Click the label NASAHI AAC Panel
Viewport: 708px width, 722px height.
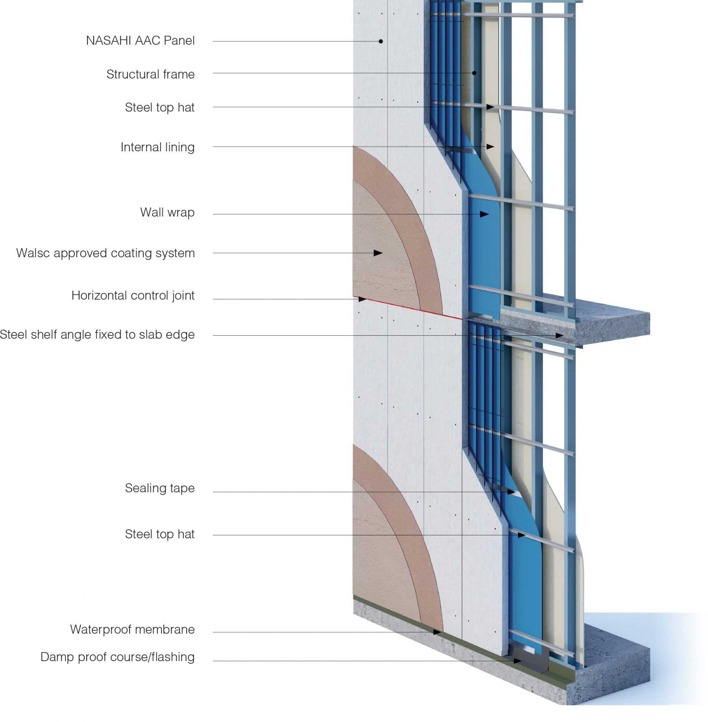[140, 41]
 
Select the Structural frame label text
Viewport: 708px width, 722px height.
[150, 75]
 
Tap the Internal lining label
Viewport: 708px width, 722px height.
[157, 147]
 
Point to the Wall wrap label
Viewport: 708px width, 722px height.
[167, 213]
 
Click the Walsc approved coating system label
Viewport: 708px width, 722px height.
[105, 253]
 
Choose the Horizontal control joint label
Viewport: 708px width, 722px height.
[133, 296]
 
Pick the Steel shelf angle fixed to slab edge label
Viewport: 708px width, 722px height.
[97, 334]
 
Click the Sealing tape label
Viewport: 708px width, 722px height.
[160, 488]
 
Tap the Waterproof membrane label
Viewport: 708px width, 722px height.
[132, 629]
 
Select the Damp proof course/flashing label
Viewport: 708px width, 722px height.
[117, 657]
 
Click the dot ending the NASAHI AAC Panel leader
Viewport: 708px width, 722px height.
[381, 41]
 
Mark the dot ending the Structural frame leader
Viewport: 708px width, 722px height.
[474, 73]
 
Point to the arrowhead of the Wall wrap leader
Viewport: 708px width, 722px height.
[484, 214]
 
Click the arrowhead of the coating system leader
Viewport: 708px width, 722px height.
[378, 253]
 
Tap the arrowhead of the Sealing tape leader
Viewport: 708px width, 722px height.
[511, 492]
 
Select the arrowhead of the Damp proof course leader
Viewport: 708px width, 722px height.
[517, 661]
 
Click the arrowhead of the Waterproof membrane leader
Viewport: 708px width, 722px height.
[437, 632]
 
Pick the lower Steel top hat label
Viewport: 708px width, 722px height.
[160, 534]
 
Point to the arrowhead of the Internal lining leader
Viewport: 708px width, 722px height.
[490, 146]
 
